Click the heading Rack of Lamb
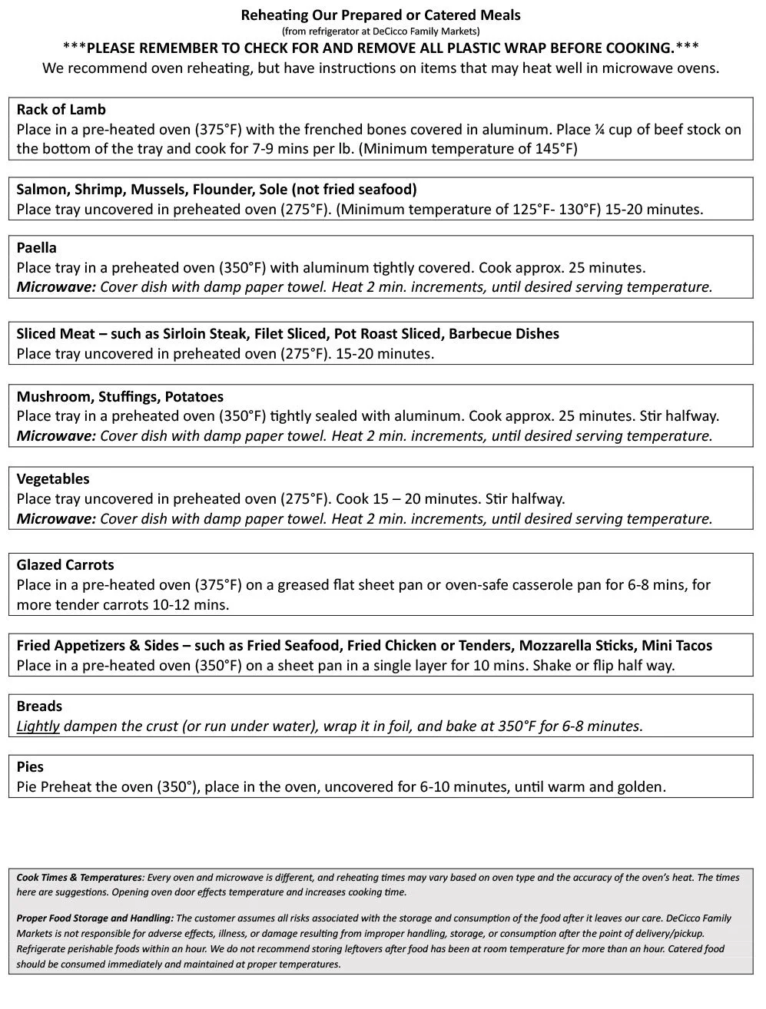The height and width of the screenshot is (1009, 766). click(61, 110)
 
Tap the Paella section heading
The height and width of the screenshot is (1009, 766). click(37, 248)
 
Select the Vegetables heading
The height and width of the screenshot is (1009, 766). click(53, 479)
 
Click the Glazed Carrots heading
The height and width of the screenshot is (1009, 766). click(65, 565)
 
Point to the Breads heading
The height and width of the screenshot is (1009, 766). click(39, 706)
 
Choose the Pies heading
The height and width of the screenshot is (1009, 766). click(31, 767)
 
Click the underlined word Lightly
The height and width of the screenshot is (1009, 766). click(38, 726)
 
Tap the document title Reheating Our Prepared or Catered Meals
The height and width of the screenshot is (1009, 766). click(381, 15)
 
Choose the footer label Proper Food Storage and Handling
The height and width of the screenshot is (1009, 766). click(95, 918)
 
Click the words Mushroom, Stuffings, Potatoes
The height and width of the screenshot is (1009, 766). click(121, 397)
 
